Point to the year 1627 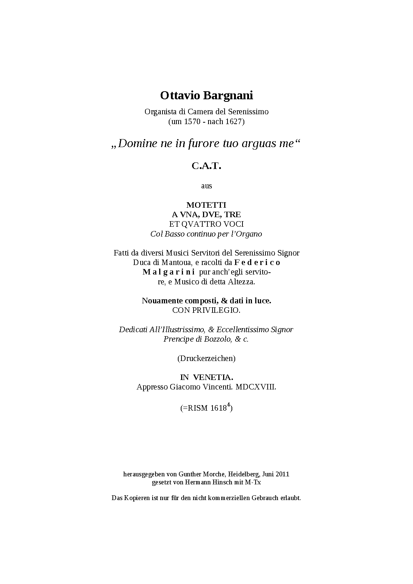tap(233, 122)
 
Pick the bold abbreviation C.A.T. tap(207, 166)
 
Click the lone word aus tap(207, 186)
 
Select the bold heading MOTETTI tap(206, 205)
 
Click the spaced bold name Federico tap(257, 262)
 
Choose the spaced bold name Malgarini tap(169, 272)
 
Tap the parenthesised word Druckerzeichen tap(206, 358)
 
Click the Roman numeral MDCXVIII tap(256, 387)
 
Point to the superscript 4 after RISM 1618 tap(229, 405)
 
